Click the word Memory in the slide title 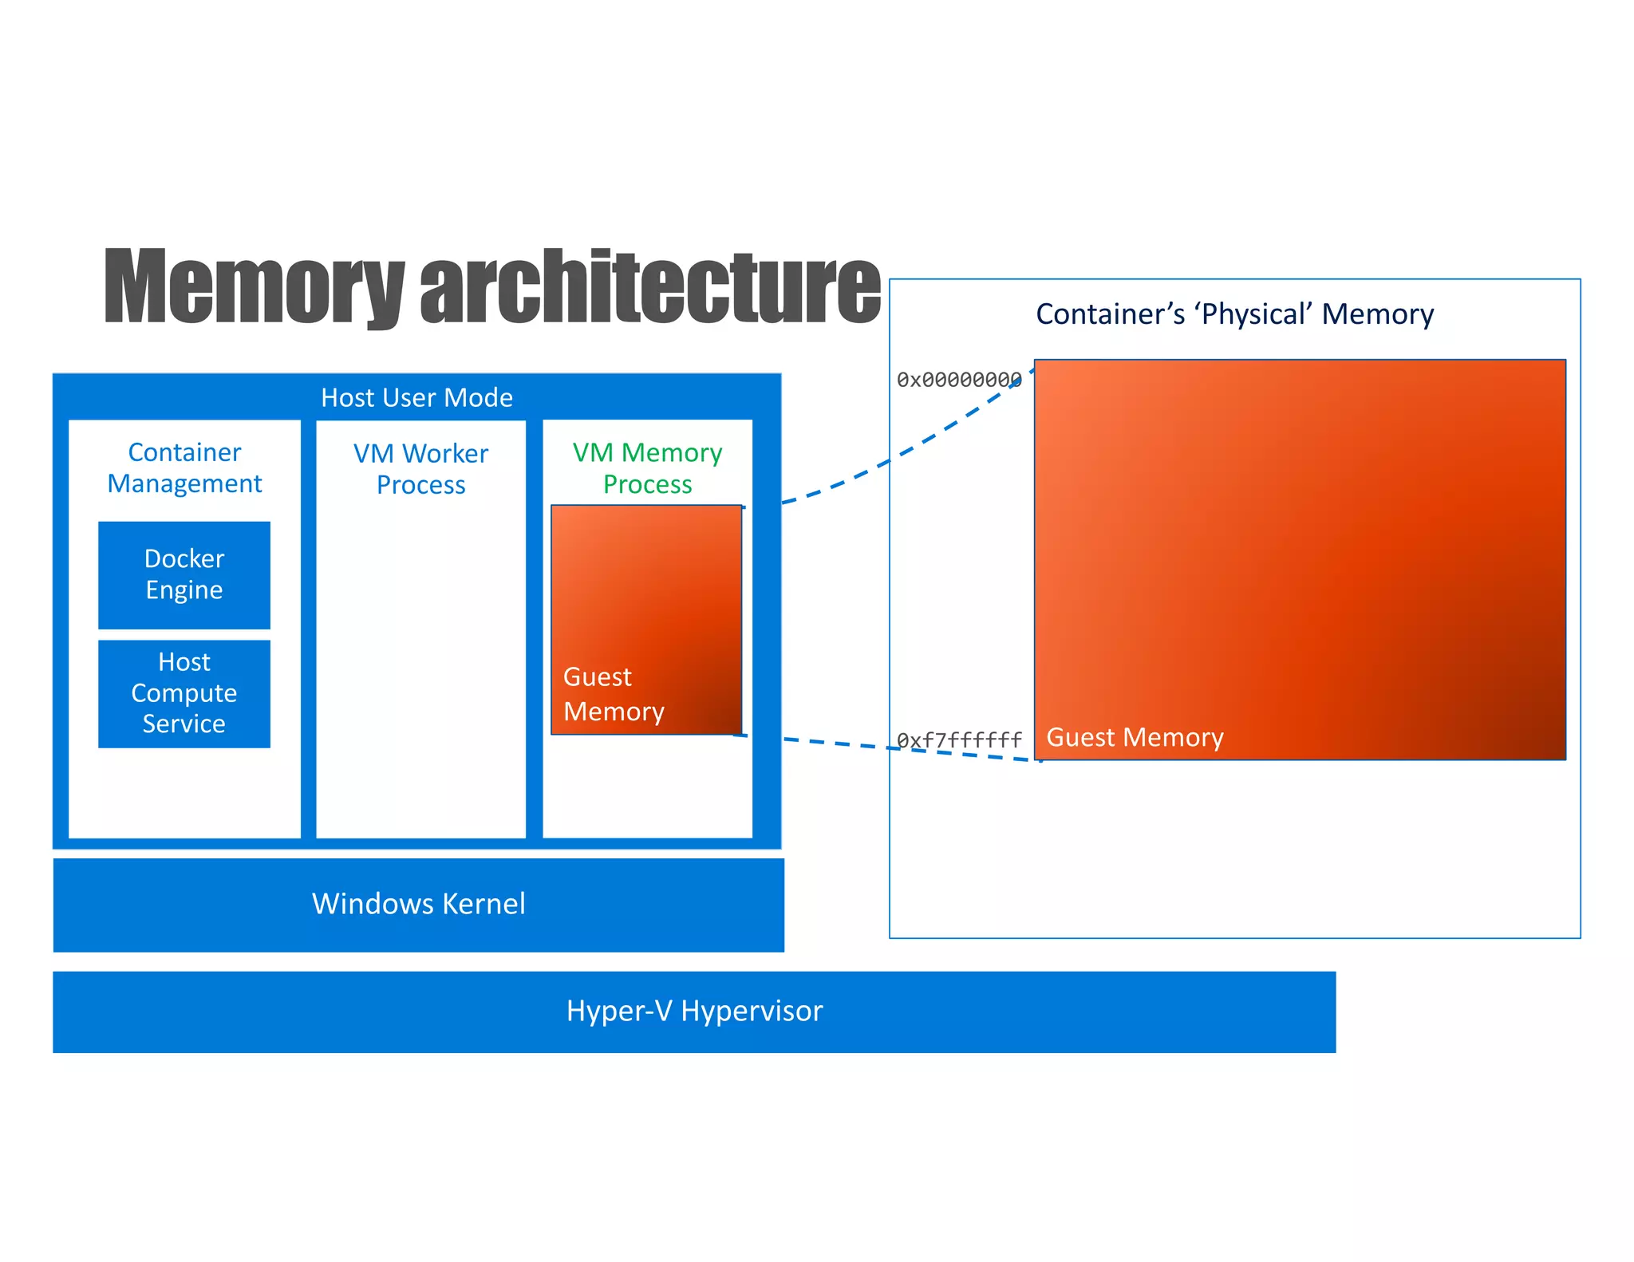254,287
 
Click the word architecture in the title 649,287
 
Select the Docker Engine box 184,574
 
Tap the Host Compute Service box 184,692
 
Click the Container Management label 184,467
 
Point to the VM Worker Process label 420,469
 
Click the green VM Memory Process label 647,468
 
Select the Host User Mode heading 416,397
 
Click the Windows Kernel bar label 418,904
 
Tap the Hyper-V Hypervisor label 694,1011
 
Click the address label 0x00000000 958,380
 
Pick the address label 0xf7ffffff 958,740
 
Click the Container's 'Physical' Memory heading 1234,314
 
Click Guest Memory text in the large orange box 1134,737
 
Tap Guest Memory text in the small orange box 613,694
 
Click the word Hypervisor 752,1011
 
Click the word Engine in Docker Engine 184,590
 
